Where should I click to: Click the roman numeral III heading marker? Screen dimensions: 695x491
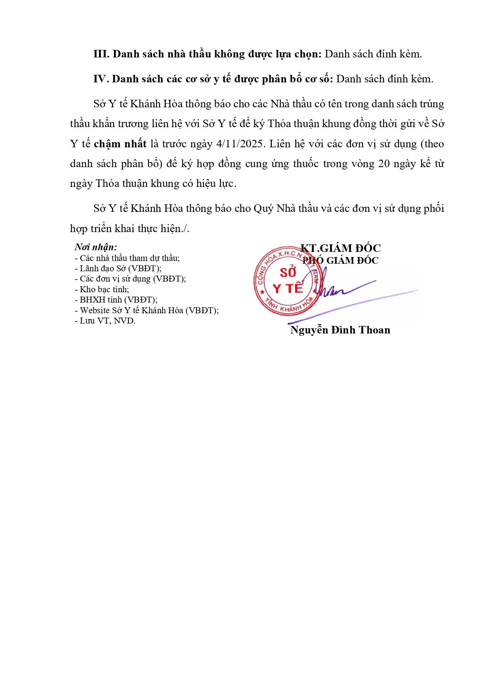101,54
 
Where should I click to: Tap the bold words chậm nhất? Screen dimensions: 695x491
120,144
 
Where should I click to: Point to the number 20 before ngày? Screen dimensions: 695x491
384,164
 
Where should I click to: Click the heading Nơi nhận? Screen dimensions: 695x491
96,247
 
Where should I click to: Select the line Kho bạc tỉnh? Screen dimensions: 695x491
102,289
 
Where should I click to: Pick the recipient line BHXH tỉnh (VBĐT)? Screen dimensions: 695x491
116,300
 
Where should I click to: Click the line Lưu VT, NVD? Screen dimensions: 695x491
105,321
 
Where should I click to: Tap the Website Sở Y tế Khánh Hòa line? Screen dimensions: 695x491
147,310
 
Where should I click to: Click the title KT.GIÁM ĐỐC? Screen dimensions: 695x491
341,248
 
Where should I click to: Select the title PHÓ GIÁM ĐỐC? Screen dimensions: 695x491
341,260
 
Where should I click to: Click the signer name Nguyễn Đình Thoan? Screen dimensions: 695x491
340,330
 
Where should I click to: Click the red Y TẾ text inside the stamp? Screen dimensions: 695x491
288,288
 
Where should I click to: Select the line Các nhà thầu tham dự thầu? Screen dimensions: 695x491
127,258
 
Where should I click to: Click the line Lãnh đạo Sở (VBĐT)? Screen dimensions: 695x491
118,268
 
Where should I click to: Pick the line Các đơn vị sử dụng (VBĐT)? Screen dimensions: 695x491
131,279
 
